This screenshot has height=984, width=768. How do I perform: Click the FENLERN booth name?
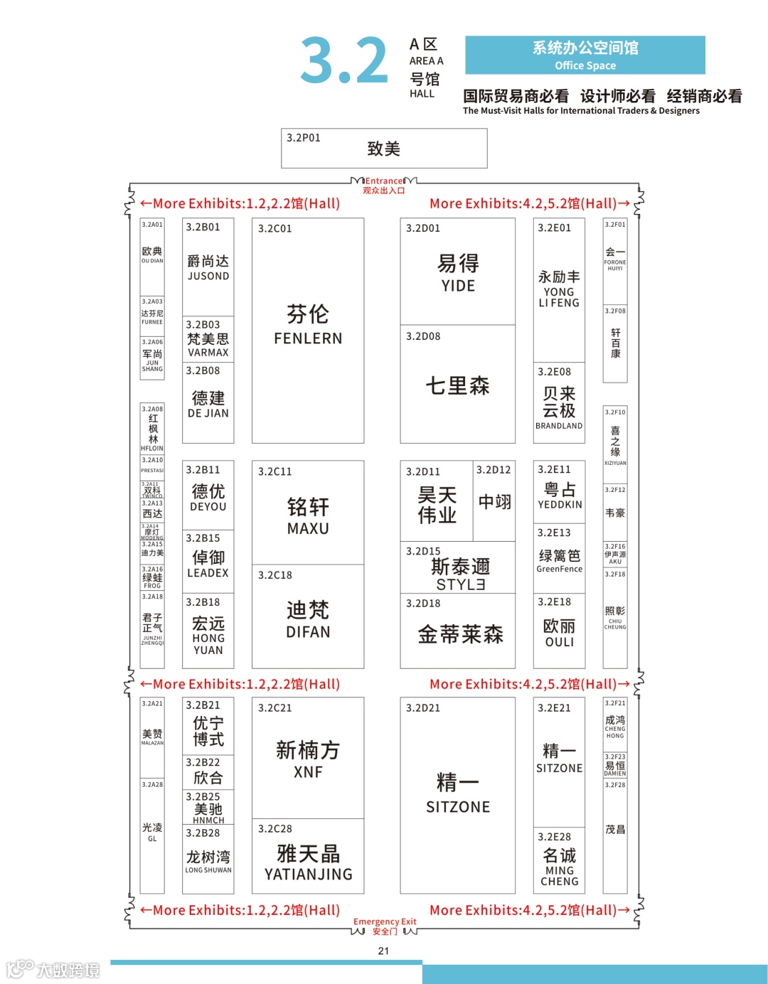308,338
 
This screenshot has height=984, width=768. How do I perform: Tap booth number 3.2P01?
304,138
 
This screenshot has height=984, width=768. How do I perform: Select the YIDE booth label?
458,286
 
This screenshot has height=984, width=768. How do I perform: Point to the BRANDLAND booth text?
559,426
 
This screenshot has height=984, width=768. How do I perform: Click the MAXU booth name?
308,529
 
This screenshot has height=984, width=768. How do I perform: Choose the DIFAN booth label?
308,632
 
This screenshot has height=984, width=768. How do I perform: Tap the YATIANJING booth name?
308,875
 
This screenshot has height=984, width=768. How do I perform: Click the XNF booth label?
308,772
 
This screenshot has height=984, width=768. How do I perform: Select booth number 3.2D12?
494,470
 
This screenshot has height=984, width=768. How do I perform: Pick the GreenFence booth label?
560,569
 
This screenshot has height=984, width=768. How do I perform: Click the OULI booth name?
560,642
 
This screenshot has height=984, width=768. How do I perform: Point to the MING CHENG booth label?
560,876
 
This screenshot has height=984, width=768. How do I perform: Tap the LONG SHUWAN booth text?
208,870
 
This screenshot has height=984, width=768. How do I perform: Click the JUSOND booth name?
208,276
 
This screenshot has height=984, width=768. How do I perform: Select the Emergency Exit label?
385,921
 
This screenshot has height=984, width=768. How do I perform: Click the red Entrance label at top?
384,181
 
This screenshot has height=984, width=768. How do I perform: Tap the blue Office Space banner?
585,55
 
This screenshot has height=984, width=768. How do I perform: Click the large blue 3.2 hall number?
344,61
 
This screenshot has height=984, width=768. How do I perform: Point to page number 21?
383,951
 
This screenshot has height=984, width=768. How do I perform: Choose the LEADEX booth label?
208,573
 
